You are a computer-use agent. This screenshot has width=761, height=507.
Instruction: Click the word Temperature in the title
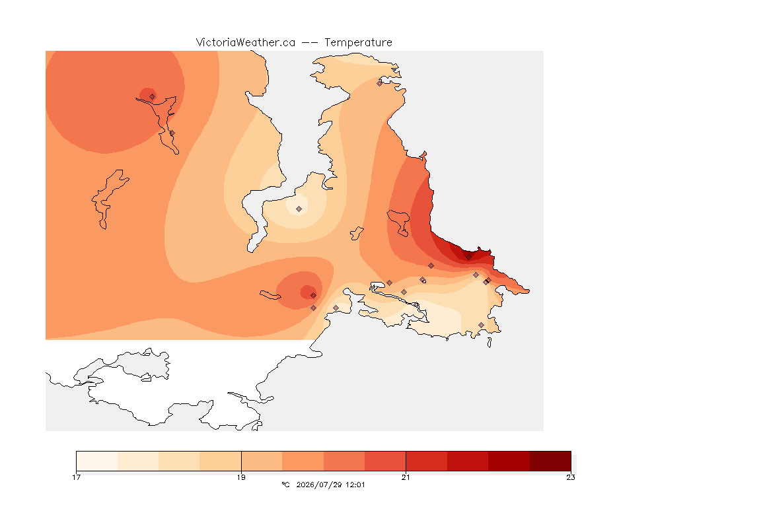(x=358, y=43)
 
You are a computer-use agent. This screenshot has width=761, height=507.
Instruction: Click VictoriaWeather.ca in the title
(x=246, y=43)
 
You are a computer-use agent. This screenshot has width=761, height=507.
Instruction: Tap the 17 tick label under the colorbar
(x=76, y=477)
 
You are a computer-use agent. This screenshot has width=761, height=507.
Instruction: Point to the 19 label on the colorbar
(x=241, y=477)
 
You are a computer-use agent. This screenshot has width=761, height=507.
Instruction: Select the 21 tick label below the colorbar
(x=406, y=477)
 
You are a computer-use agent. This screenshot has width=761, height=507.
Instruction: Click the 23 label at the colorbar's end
(x=571, y=477)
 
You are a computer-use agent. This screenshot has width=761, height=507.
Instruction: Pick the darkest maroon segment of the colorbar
(x=550, y=461)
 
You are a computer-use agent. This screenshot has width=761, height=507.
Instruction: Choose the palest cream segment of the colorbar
(x=97, y=461)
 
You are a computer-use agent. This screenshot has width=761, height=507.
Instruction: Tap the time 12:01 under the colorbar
(x=355, y=485)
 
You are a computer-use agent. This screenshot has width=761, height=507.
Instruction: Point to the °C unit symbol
(x=286, y=485)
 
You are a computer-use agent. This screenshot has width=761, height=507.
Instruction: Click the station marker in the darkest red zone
(x=468, y=257)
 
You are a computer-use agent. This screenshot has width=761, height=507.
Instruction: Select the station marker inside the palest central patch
(x=299, y=209)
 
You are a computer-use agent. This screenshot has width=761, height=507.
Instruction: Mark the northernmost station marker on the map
(x=380, y=83)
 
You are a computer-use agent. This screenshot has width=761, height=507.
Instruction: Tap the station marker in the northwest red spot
(x=153, y=96)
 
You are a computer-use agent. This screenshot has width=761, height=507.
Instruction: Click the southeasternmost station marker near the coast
(x=481, y=325)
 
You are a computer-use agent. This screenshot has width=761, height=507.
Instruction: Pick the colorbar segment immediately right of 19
(x=262, y=461)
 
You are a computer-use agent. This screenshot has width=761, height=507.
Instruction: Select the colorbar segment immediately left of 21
(x=385, y=461)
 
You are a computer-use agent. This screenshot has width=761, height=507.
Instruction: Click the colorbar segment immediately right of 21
(x=427, y=461)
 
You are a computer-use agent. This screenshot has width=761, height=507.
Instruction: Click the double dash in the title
(x=310, y=43)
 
